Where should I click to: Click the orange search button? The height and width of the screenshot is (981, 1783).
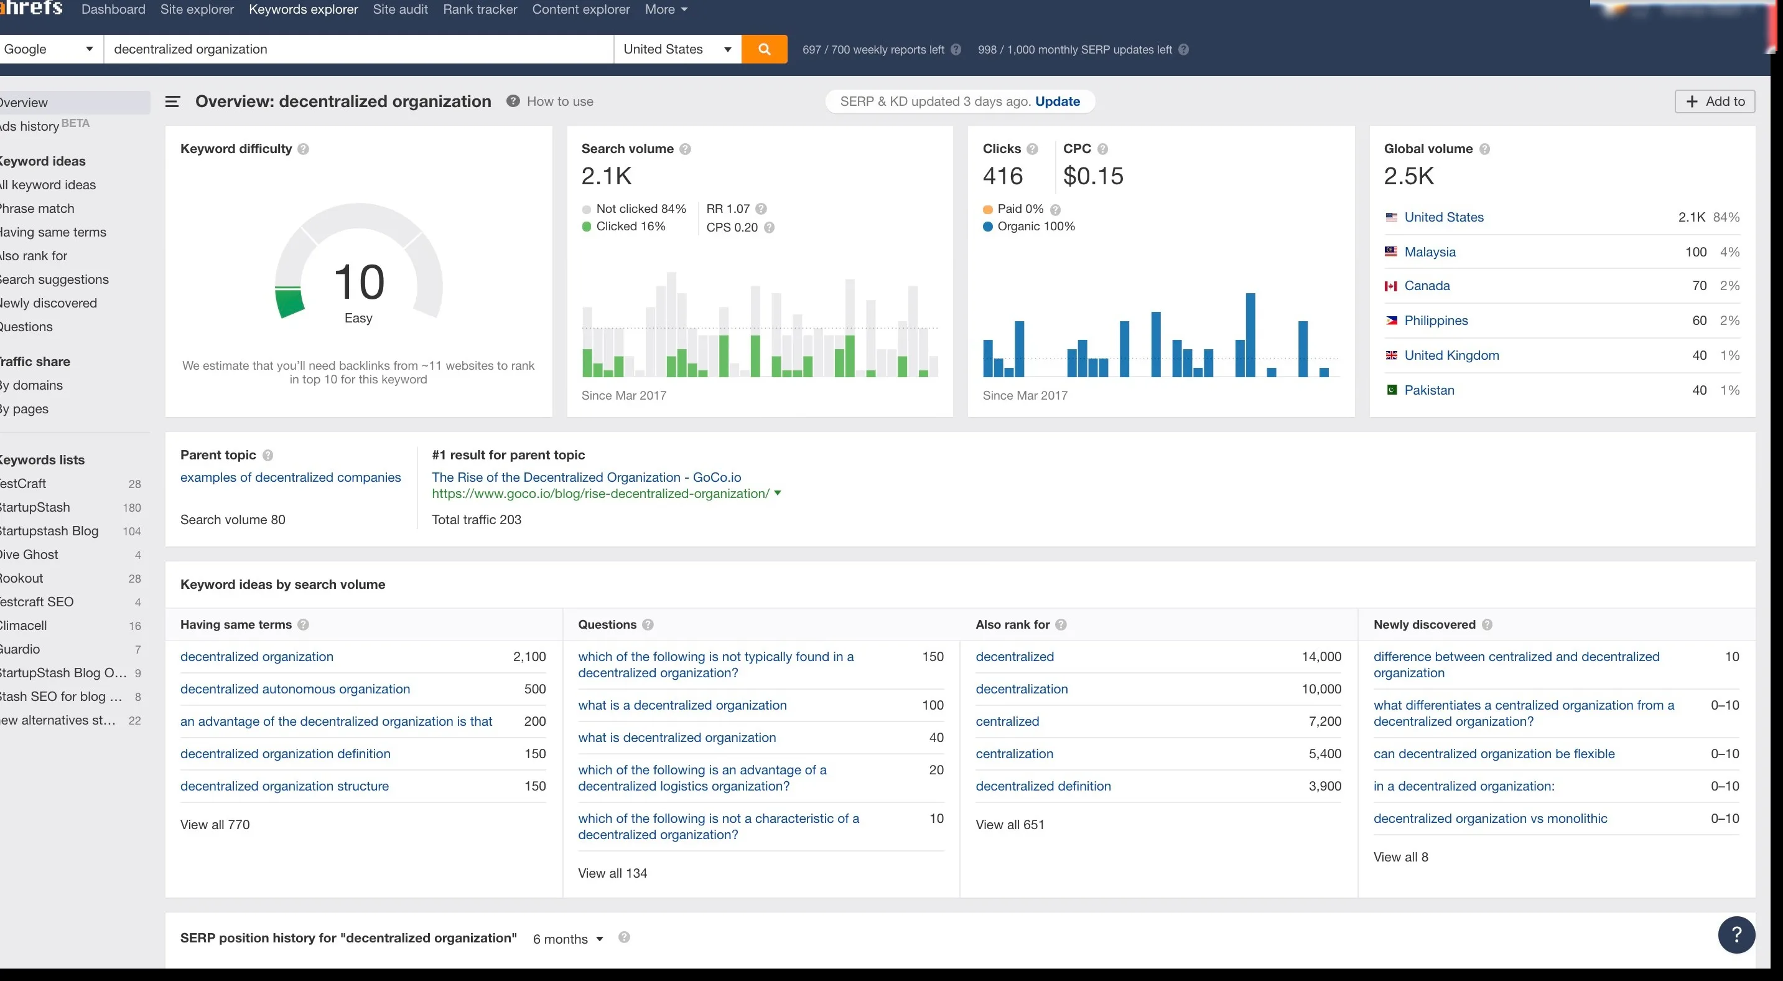tap(764, 49)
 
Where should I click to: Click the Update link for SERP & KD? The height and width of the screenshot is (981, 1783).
tap(1057, 101)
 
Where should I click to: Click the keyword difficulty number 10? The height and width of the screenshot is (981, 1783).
tap(358, 282)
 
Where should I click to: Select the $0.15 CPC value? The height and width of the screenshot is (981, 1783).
tap(1093, 176)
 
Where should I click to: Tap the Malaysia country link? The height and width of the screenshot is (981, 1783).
tap(1429, 252)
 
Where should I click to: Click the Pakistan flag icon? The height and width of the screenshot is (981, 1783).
tap(1391, 390)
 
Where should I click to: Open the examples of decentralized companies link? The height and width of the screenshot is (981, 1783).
tap(290, 477)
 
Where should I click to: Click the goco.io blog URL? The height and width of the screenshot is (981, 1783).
tap(600, 494)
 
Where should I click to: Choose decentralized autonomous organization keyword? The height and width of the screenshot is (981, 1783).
tap(295, 689)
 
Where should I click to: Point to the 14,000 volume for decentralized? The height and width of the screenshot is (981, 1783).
tap(1321, 656)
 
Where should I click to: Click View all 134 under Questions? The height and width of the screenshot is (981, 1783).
tap(612, 873)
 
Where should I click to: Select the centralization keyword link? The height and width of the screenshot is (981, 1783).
tap(1014, 753)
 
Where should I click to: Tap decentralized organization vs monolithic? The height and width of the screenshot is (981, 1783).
tap(1489, 819)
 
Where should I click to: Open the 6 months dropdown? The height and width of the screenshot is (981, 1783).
tap(567, 939)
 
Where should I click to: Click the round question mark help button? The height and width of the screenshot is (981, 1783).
tap(1736, 934)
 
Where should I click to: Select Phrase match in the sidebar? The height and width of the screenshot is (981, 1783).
tap(37, 209)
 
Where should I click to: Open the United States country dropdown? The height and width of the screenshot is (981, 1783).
tap(677, 49)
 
